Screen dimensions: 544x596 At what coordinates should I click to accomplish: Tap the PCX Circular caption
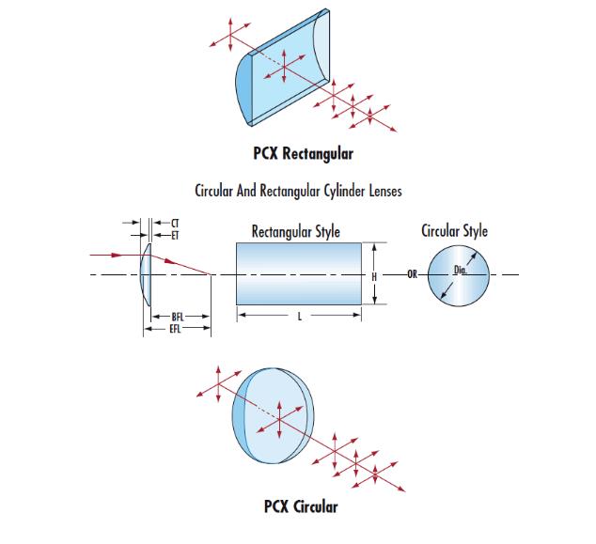tap(300, 508)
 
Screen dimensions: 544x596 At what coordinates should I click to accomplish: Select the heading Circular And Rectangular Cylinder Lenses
tap(299, 192)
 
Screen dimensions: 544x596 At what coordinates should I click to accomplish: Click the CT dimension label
tap(175, 223)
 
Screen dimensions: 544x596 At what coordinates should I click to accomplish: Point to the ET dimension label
tap(175, 233)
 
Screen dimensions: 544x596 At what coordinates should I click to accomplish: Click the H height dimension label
tap(375, 275)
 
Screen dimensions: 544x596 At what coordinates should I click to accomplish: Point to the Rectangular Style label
tap(296, 232)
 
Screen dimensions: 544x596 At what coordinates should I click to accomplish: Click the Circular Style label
tap(455, 230)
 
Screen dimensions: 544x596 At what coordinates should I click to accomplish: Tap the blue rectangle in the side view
tap(299, 274)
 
